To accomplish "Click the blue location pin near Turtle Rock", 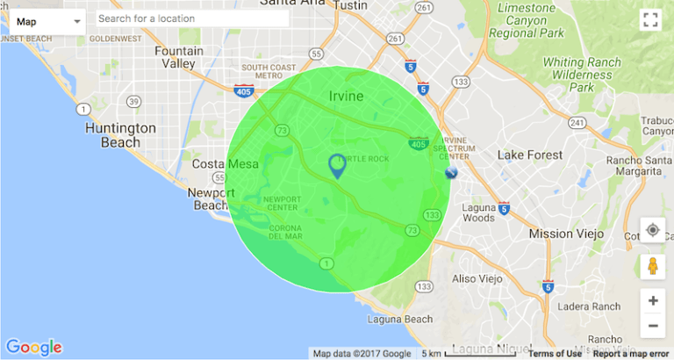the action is (x=337, y=164).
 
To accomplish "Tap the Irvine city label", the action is (x=346, y=96).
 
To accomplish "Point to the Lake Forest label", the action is (x=529, y=155).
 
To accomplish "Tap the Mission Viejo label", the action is (x=563, y=234).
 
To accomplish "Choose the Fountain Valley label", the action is (x=179, y=57).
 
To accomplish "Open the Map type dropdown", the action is (x=47, y=20).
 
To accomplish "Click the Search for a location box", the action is (x=191, y=18).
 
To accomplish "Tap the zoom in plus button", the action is (x=653, y=300).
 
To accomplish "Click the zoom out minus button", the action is (x=653, y=326).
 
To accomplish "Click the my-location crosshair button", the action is (x=653, y=231).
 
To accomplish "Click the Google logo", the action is (x=33, y=348).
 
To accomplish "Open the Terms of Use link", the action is (x=553, y=354).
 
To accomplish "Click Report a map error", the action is (x=631, y=354).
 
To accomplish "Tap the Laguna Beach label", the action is (x=401, y=319).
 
